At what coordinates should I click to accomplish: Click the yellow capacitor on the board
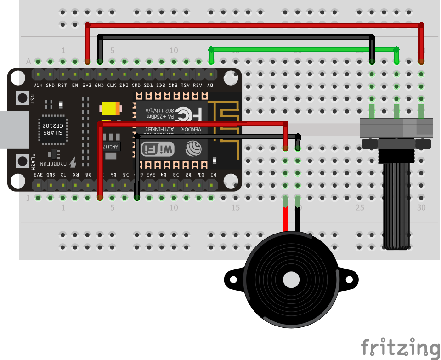[x=111, y=108]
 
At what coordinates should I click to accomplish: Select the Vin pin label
[x=38, y=86]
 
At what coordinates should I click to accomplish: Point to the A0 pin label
[x=210, y=86]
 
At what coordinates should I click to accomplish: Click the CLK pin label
[x=111, y=86]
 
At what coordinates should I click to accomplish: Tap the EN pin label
[x=75, y=86]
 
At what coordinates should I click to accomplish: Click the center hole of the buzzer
[x=291, y=279]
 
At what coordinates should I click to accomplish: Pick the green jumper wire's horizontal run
[x=303, y=48]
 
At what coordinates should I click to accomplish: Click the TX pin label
[x=63, y=175]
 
